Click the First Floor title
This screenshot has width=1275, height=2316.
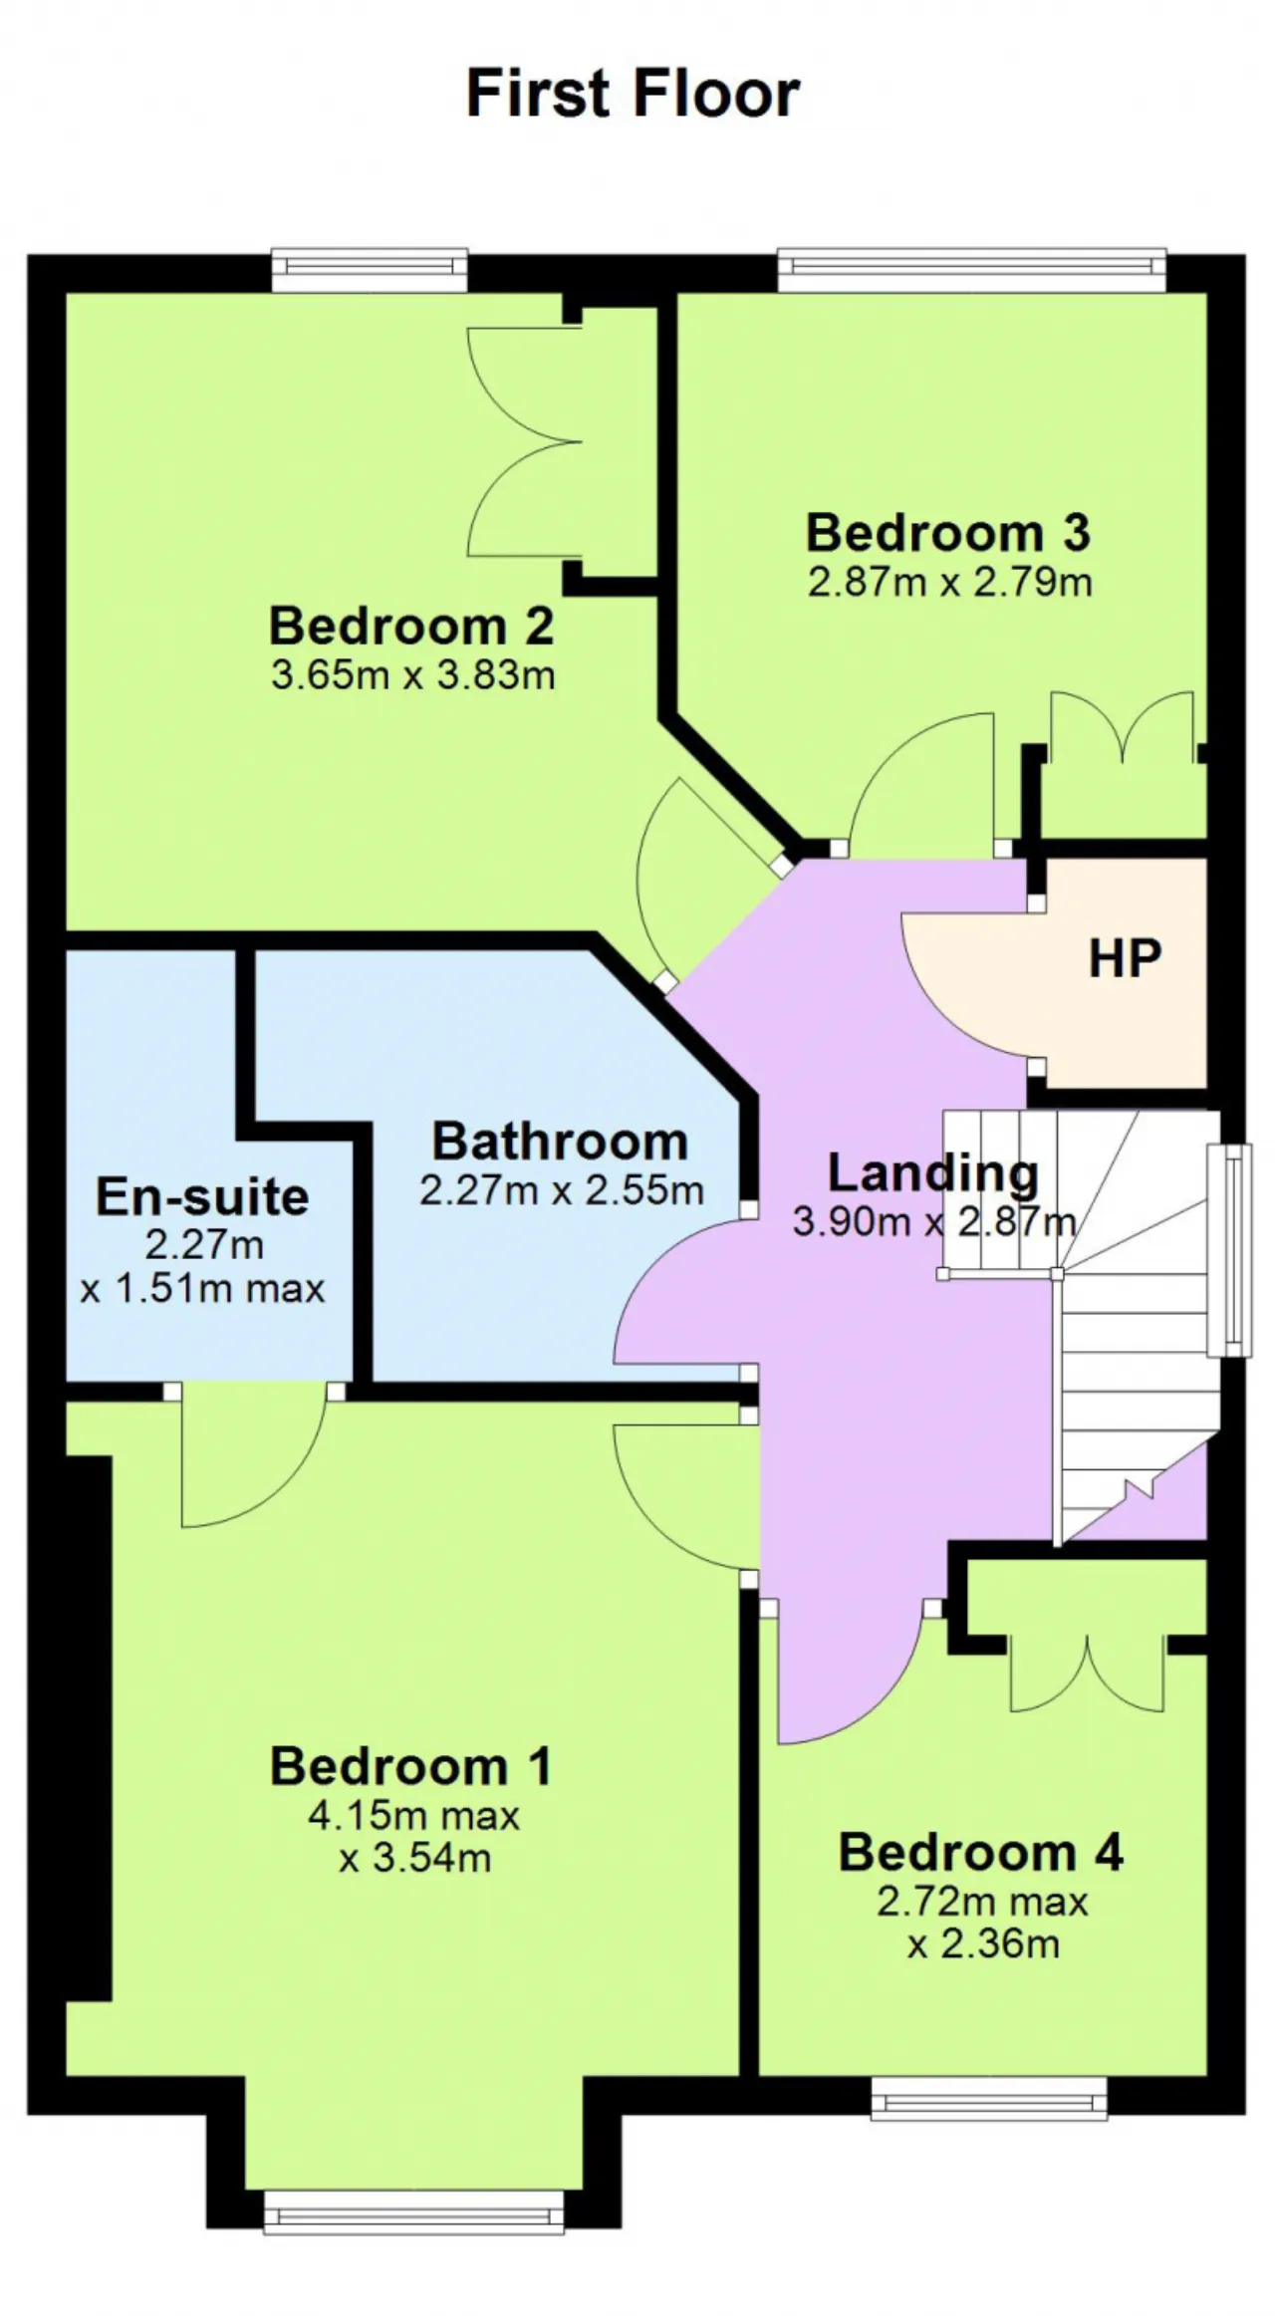633,94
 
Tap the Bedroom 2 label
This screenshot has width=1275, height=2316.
411,626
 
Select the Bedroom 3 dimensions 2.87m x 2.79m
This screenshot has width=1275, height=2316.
949,582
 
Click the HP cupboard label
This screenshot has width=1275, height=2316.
1125,957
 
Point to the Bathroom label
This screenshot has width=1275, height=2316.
560,1141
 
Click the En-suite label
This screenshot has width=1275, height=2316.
202,1196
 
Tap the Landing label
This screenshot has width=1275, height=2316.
933,1172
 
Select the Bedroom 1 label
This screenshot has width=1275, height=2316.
410,1766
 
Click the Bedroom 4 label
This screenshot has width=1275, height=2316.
981,1852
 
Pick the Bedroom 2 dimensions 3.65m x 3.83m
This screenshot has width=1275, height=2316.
412,675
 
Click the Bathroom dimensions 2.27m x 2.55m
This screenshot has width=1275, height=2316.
561,1190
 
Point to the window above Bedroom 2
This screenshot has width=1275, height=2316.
370,269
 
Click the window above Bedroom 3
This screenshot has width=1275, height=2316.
972,269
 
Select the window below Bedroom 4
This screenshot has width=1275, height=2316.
989,2097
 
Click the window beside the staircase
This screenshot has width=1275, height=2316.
1229,1250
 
